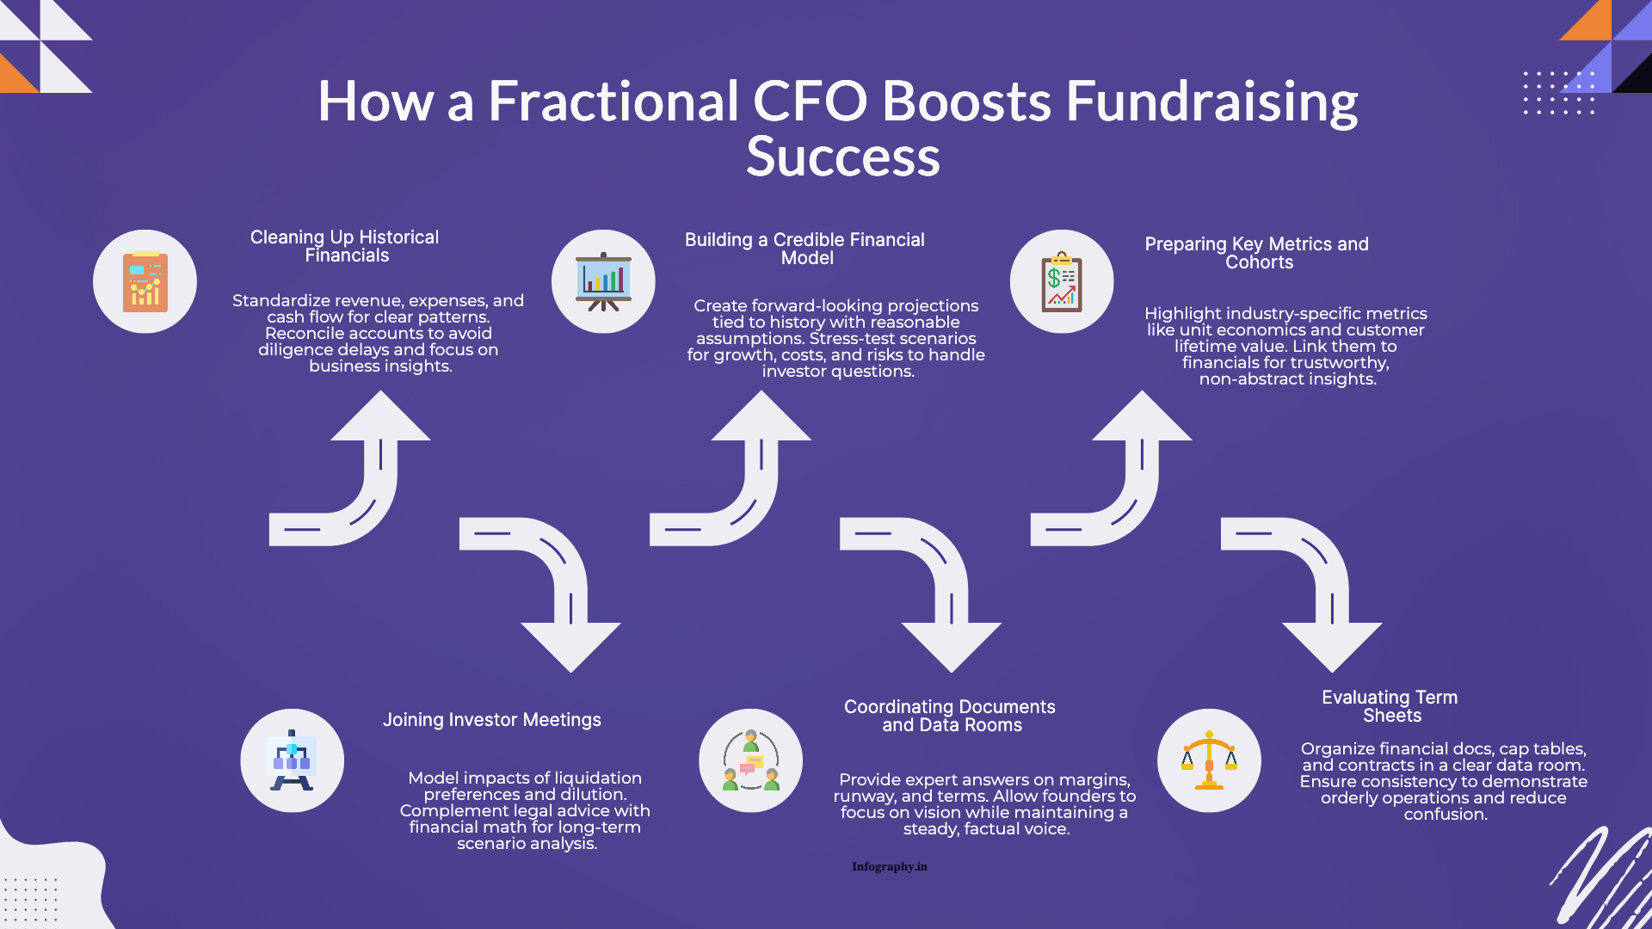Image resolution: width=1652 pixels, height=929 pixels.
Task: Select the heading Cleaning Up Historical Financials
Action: (345, 246)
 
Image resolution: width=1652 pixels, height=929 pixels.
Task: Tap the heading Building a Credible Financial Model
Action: (804, 249)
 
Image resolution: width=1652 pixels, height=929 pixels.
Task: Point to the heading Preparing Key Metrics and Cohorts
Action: (1256, 253)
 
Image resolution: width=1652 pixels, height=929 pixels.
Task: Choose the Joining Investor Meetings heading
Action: (491, 720)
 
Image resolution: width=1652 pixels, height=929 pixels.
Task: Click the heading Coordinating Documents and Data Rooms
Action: (950, 716)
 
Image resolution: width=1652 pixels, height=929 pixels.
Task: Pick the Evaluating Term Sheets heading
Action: (1390, 706)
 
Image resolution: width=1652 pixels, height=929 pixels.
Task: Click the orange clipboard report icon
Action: (145, 281)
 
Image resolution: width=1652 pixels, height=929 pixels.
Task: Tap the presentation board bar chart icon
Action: (603, 281)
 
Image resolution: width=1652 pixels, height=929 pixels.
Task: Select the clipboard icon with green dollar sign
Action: (1062, 281)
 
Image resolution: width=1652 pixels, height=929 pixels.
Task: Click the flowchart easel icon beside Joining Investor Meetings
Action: (292, 760)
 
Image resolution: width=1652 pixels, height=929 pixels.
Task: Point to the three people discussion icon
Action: (750, 760)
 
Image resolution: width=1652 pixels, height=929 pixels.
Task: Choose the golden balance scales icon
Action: (1209, 760)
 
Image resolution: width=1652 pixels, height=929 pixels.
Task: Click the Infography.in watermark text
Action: (890, 866)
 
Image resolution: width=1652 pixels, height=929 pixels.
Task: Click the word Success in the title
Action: (842, 157)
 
